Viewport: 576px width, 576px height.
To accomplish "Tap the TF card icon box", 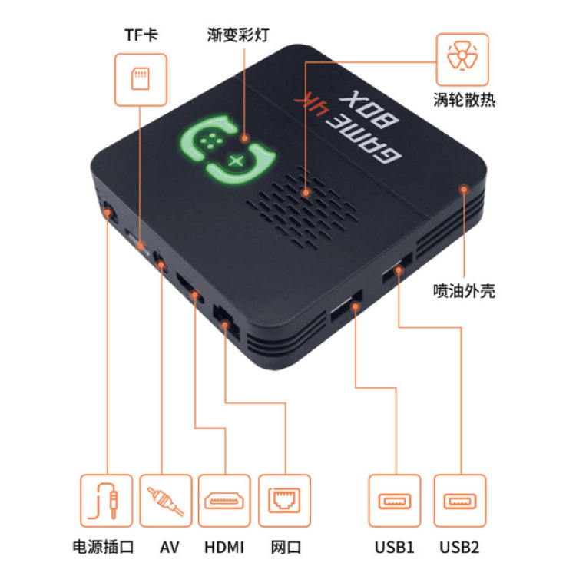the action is tap(141, 78).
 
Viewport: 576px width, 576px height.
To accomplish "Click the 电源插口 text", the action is tap(103, 548).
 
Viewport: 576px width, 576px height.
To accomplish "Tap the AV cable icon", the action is tap(165, 500).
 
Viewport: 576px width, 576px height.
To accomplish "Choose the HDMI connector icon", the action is tap(225, 500).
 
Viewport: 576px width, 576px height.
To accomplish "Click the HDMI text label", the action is tap(224, 548).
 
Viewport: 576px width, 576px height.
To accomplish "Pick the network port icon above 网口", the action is tap(285, 500).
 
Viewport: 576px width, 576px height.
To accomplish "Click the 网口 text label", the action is tap(286, 548).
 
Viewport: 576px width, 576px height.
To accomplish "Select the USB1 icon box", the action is tap(395, 500).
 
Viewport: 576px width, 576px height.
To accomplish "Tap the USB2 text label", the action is tap(459, 548).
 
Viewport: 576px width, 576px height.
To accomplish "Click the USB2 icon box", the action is tap(459, 500).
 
